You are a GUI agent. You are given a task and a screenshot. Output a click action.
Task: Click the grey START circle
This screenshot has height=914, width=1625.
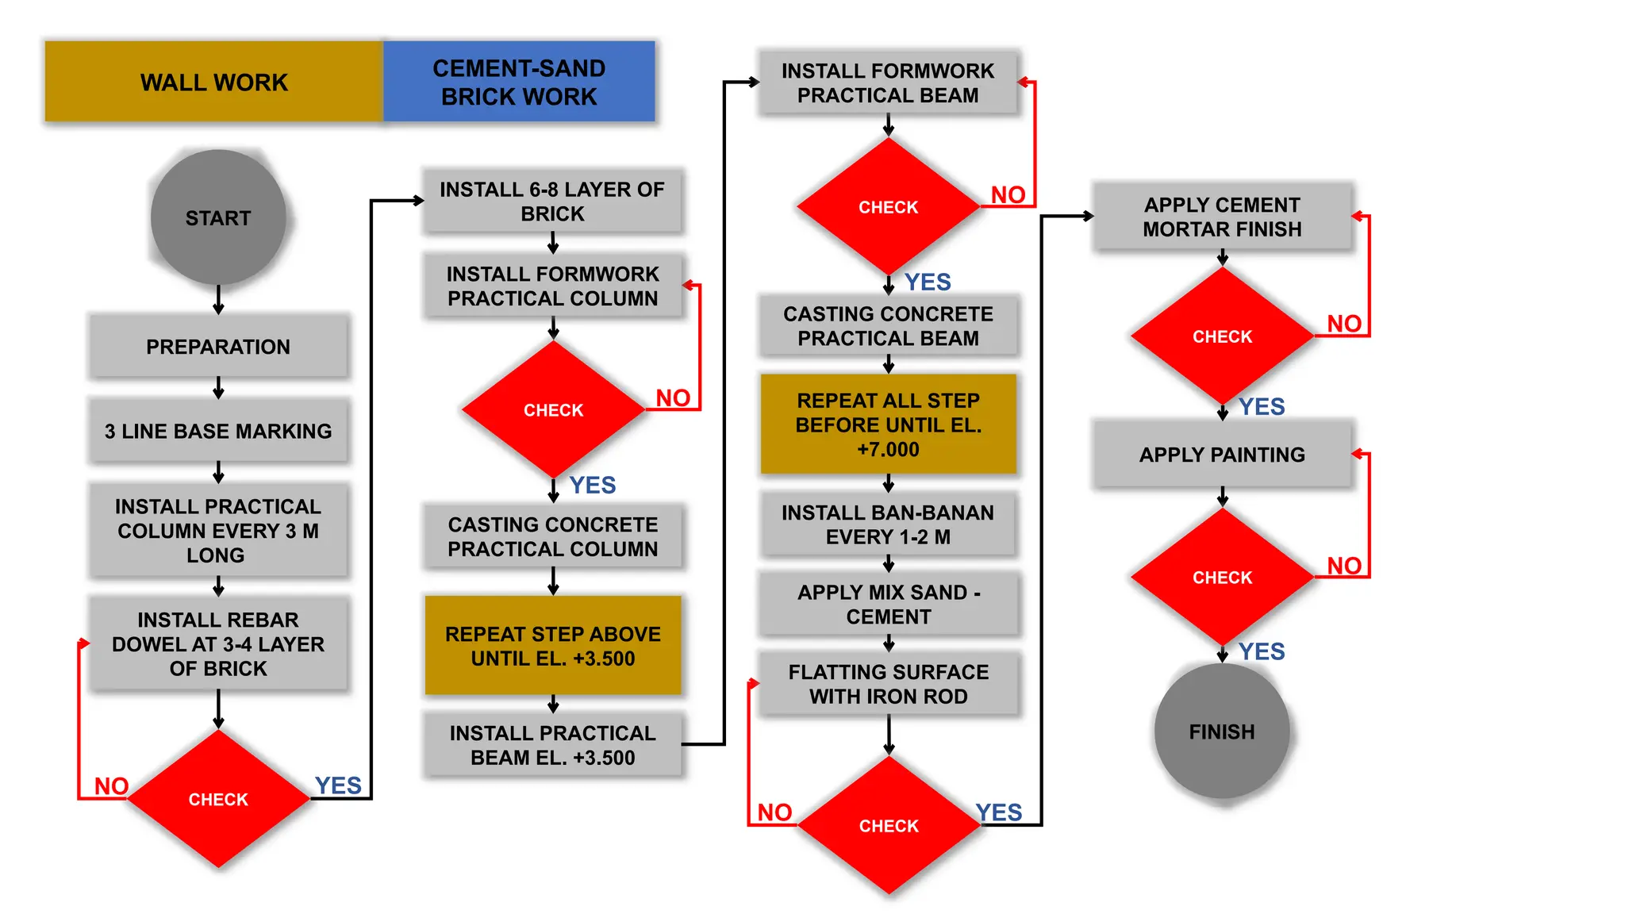click(x=218, y=217)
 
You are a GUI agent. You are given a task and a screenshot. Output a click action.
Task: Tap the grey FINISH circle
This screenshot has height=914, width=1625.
click(x=1221, y=731)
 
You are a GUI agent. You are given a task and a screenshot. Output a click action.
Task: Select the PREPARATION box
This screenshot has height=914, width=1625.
click(x=218, y=346)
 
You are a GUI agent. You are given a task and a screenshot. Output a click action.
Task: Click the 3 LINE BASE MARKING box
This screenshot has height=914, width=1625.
click(x=218, y=431)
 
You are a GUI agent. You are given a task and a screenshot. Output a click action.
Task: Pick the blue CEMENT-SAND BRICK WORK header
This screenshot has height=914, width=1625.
click(x=519, y=82)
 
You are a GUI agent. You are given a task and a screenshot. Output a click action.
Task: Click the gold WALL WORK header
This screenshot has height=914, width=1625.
click(x=213, y=82)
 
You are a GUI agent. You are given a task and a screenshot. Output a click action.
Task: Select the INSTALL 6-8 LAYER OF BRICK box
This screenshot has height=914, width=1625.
click(x=552, y=201)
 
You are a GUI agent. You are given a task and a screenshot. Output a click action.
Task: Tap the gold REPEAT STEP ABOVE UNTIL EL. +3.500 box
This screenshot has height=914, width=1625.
click(x=552, y=645)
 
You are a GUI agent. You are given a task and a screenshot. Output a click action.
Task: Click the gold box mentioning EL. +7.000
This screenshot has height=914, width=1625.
click(x=888, y=424)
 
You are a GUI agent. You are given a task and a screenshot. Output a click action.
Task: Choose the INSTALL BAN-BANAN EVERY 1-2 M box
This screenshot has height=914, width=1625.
click(x=888, y=524)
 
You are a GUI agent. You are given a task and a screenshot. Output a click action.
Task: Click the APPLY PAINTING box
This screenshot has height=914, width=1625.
click(x=1222, y=454)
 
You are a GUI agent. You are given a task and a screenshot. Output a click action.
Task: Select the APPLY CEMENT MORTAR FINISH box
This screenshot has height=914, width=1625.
click(x=1222, y=217)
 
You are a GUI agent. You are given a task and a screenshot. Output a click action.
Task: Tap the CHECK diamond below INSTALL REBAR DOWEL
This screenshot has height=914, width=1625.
click(x=218, y=799)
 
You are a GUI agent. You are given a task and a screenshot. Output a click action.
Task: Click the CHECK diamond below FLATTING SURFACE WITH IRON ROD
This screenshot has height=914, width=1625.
click(x=889, y=825)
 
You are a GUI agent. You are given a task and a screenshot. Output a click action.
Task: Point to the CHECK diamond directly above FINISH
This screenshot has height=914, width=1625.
click(x=1222, y=577)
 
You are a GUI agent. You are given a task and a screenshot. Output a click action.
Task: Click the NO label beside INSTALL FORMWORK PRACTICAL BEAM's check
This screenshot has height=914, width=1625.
click(x=1008, y=194)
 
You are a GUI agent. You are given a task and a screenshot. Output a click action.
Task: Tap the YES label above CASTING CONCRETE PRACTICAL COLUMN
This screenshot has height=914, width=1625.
click(x=592, y=485)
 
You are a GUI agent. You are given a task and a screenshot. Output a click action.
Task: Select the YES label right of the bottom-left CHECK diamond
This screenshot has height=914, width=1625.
click(x=338, y=785)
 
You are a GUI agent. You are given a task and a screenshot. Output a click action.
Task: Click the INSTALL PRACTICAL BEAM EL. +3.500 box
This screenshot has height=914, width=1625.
click(x=552, y=744)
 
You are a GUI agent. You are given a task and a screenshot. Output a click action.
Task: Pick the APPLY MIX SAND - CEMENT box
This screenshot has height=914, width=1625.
click(x=888, y=604)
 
